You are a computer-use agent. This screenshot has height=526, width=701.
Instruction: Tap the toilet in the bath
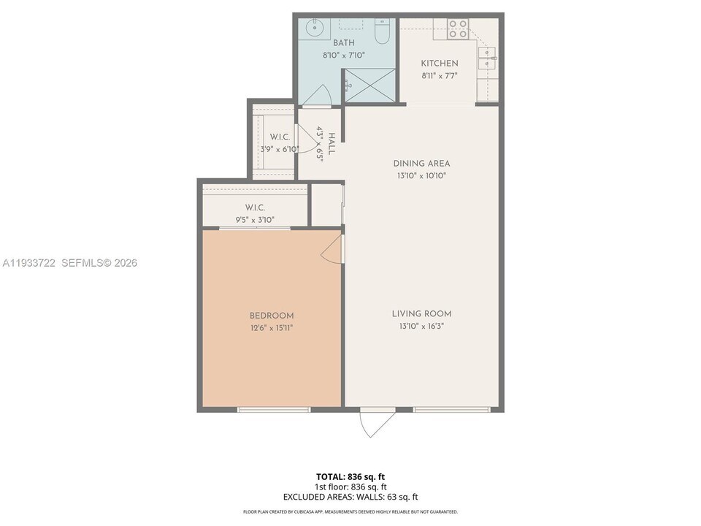coord(383,31)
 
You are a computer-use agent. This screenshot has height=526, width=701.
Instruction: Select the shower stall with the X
coord(369,85)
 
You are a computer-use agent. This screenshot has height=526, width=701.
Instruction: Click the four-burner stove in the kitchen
coord(458,29)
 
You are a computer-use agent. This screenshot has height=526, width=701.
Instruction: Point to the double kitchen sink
coord(486,58)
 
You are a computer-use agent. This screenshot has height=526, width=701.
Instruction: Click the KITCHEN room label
coord(440,64)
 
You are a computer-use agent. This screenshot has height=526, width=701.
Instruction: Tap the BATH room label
coord(323,43)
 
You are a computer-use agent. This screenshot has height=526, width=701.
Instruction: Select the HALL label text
coord(332,143)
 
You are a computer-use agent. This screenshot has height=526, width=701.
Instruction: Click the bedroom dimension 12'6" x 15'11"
coord(272,328)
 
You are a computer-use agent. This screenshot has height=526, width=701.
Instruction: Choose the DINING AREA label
coord(421,164)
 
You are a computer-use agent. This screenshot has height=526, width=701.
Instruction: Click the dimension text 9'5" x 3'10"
coord(255,218)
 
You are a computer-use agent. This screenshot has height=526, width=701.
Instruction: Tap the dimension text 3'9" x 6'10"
coord(280,149)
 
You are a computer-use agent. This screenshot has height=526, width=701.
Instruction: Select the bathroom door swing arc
coord(316,95)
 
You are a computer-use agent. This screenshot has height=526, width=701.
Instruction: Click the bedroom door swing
coord(332,249)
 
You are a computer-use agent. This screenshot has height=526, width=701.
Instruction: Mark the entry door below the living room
coord(377,422)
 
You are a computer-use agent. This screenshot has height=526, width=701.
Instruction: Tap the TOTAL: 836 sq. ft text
coord(350,476)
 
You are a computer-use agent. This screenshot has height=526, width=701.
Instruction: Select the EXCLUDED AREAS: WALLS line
coord(350,497)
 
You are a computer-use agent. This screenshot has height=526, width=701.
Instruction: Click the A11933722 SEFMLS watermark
coord(70,263)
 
